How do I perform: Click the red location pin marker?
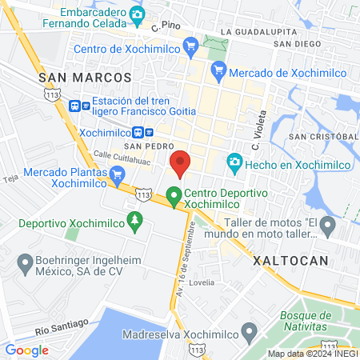tap(181, 162)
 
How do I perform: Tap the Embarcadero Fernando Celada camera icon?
tap(137, 14)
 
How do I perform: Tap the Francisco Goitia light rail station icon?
tap(76, 105)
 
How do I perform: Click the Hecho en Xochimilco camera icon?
tap(234, 162)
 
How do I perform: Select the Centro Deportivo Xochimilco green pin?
tap(174, 194)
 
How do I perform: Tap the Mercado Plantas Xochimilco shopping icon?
tap(118, 174)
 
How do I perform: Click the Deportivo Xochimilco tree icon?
tap(135, 219)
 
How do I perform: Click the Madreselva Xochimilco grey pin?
tap(250, 330)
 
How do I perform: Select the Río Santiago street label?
tap(60, 329)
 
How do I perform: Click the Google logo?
tap(26, 350)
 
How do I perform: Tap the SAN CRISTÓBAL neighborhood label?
tap(324, 137)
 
